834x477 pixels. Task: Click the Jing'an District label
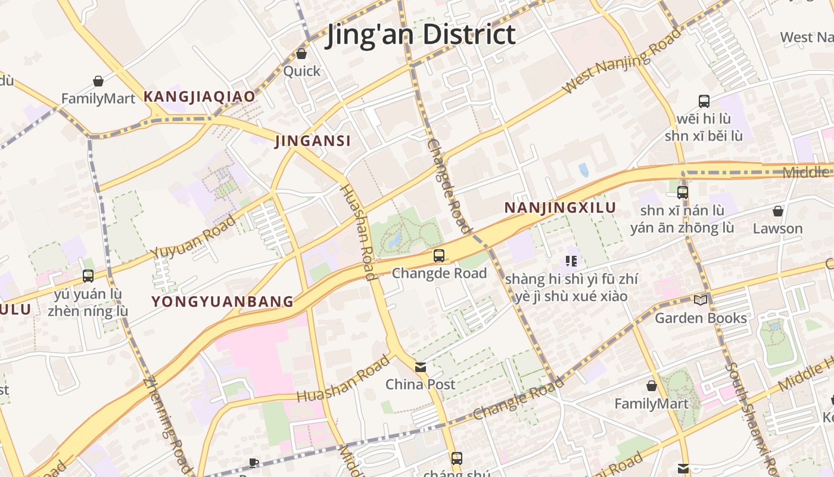421,34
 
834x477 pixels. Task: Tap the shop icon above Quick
301,54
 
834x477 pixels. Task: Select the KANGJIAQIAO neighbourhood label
199,97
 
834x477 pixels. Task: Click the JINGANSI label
313,141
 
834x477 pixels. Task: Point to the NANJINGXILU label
560,207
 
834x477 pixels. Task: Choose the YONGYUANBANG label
223,302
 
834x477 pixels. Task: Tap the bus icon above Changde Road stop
439,256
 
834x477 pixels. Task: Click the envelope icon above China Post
421,367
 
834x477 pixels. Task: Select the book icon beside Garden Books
701,300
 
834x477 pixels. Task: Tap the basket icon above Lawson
777,211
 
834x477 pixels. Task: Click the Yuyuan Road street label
193,237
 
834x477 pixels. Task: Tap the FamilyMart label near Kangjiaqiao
98,98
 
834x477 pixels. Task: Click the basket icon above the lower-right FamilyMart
652,386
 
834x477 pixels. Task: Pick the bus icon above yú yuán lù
88,276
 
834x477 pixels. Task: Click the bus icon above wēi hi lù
704,101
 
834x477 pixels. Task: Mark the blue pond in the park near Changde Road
394,241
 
